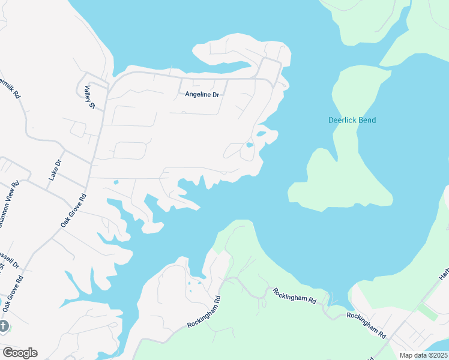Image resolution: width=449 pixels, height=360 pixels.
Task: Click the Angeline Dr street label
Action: tap(202, 94)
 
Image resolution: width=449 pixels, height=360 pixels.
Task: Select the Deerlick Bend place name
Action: tap(352, 120)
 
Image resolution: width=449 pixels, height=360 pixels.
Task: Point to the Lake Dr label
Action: tap(55, 170)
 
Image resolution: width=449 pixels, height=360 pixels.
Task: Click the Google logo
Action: tap(20, 353)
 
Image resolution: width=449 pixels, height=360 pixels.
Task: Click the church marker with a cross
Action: tap(4, 326)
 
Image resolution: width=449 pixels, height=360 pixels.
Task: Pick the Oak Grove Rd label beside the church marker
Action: tap(12, 293)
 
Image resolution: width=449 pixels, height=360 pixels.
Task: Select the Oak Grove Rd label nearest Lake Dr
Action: tap(73, 210)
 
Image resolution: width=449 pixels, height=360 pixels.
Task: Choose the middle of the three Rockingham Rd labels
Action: tap(294, 296)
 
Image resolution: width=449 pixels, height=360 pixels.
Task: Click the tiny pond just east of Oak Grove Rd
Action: tap(116, 182)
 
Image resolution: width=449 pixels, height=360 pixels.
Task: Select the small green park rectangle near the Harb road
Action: tap(427, 311)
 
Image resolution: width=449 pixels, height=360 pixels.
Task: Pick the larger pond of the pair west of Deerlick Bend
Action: tap(261, 134)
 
